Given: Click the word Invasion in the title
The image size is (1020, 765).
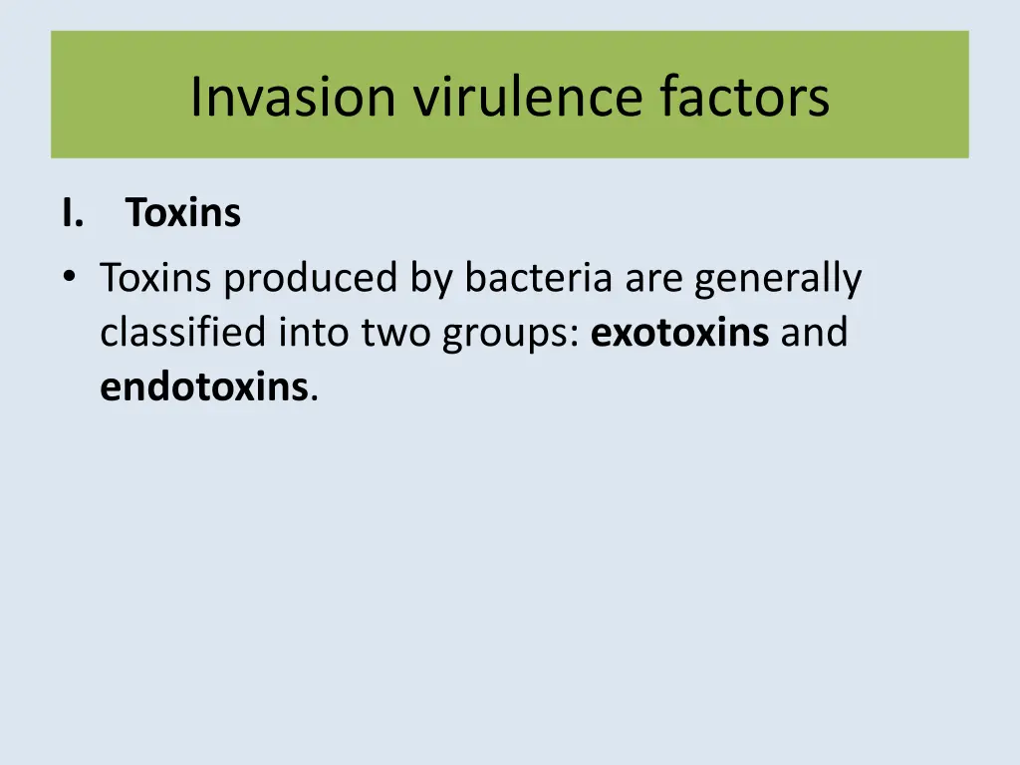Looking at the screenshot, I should (x=295, y=97).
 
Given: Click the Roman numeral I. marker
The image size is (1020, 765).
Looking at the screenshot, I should (x=71, y=213).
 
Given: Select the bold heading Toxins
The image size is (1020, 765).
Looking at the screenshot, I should (x=183, y=213).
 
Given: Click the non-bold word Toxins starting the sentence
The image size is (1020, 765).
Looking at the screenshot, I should (x=156, y=279).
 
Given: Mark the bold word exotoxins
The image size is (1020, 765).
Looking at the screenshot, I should (x=680, y=333).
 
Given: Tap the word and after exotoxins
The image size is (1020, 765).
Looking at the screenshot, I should (x=814, y=333).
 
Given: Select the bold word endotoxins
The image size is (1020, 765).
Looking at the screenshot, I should (x=203, y=386).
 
